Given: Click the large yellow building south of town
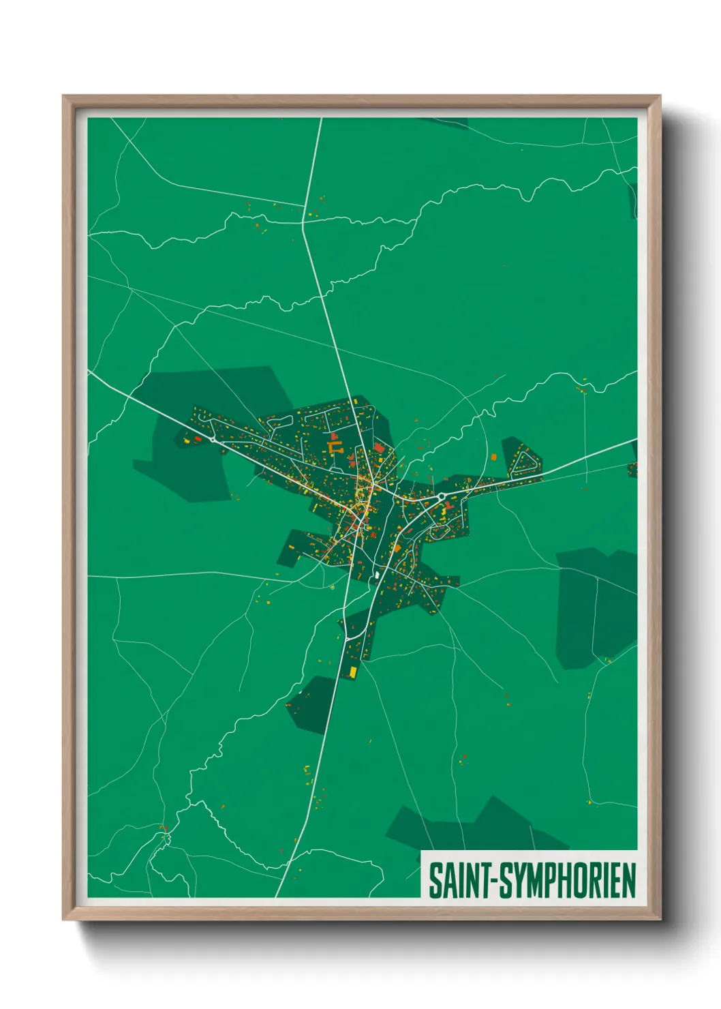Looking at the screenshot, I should (353, 672).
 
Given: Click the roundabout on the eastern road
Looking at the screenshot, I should (442, 496).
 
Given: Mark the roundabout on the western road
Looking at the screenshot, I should (213, 440).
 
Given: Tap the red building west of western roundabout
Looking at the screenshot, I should (198, 439).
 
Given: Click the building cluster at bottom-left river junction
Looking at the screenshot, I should (164, 830).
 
